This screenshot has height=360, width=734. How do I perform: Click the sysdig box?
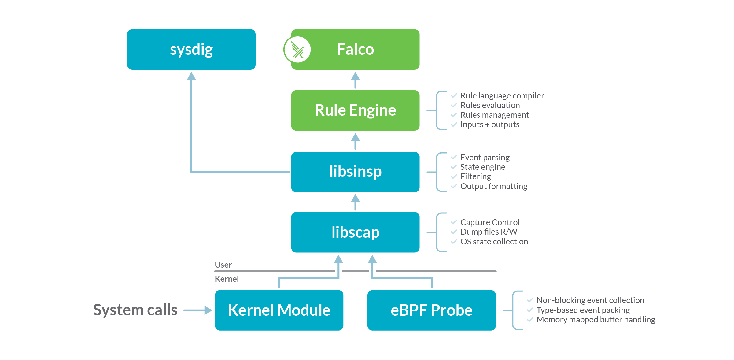click(191, 49)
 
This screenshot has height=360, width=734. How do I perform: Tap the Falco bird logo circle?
click(297, 50)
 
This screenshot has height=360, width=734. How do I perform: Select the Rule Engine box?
click(355, 110)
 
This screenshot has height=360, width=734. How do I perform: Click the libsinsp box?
click(355, 172)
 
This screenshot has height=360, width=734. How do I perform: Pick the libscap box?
click(355, 232)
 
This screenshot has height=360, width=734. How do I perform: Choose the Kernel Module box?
click(279, 310)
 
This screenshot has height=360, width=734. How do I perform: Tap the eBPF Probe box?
click(431, 310)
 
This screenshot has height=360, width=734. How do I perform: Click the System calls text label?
click(135, 310)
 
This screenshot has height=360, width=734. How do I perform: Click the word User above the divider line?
click(223, 265)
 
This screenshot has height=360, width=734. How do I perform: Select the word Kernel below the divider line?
click(227, 279)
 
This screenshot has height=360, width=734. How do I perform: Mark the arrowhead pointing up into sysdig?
click(191, 76)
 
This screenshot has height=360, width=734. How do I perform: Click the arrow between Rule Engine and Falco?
click(355, 80)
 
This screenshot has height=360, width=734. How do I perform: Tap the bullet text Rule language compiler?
click(502, 96)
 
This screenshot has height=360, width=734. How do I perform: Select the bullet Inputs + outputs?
click(490, 124)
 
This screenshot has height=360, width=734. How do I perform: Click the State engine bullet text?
click(482, 167)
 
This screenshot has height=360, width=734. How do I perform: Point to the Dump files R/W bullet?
click(489, 232)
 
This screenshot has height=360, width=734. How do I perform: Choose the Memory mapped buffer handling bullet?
click(596, 320)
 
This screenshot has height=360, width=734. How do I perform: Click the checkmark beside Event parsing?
click(454, 157)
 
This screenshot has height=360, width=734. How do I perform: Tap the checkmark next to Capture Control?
click(454, 222)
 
